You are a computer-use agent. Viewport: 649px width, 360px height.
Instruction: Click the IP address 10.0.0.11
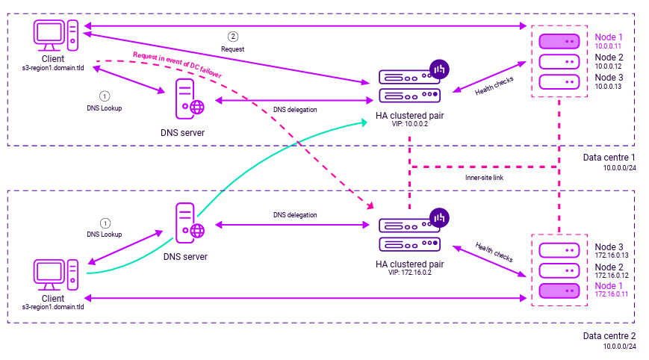click(609, 46)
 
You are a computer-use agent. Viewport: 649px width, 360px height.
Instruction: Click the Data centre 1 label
click(609, 158)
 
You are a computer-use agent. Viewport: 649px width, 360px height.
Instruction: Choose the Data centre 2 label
click(609, 335)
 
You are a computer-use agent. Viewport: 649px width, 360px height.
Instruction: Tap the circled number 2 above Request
click(233, 36)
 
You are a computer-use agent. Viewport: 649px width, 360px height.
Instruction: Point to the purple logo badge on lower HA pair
click(438, 218)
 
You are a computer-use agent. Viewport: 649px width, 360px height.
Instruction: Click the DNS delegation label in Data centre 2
click(295, 215)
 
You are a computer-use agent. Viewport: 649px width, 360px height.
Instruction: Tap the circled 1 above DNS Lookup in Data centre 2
click(105, 223)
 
